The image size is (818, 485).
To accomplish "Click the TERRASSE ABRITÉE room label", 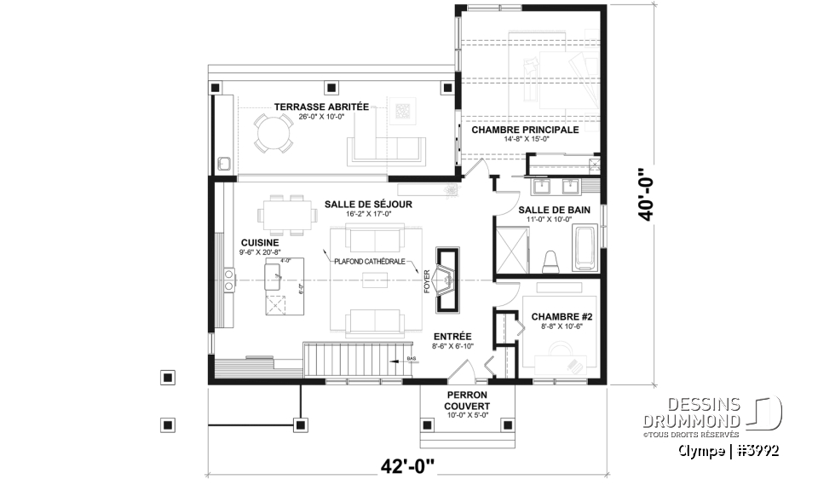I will (x=320, y=107).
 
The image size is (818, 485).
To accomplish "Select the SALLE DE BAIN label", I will (x=554, y=209).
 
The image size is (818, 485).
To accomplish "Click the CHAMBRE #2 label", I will (x=555, y=317).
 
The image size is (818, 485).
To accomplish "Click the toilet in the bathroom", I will (x=550, y=259).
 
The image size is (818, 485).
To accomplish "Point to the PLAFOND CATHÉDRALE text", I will (x=368, y=262).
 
